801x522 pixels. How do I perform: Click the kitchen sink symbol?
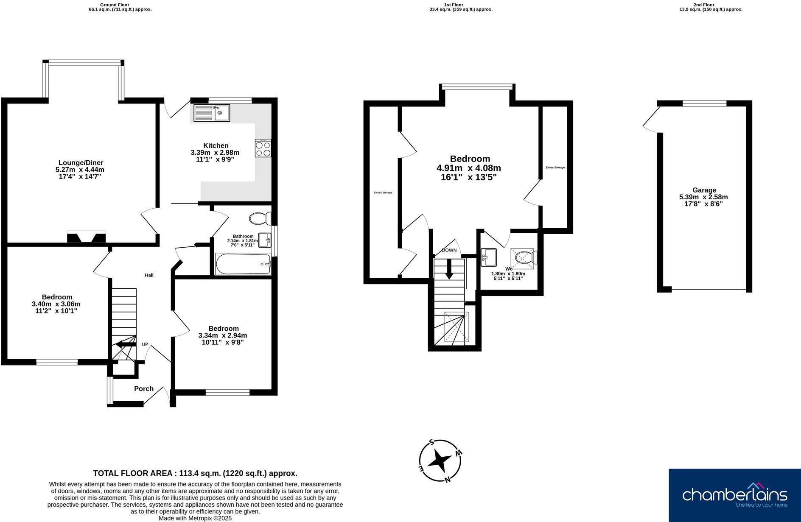(211, 113)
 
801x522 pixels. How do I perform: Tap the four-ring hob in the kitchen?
(263, 148)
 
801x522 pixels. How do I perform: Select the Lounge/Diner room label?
(81, 163)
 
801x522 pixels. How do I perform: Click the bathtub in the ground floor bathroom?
(243, 264)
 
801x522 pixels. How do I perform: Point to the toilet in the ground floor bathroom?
(260, 219)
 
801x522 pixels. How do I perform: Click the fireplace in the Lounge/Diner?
(86, 237)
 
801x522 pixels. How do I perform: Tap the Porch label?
(143, 389)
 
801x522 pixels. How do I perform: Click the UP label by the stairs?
(145, 344)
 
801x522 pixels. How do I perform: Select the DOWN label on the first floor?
(449, 250)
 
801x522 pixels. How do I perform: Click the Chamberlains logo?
(734, 495)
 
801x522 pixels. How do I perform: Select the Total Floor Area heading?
(195, 473)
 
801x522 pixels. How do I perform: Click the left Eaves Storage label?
(383, 193)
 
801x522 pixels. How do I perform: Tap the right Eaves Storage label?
(555, 167)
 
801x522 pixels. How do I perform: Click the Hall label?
(149, 275)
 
